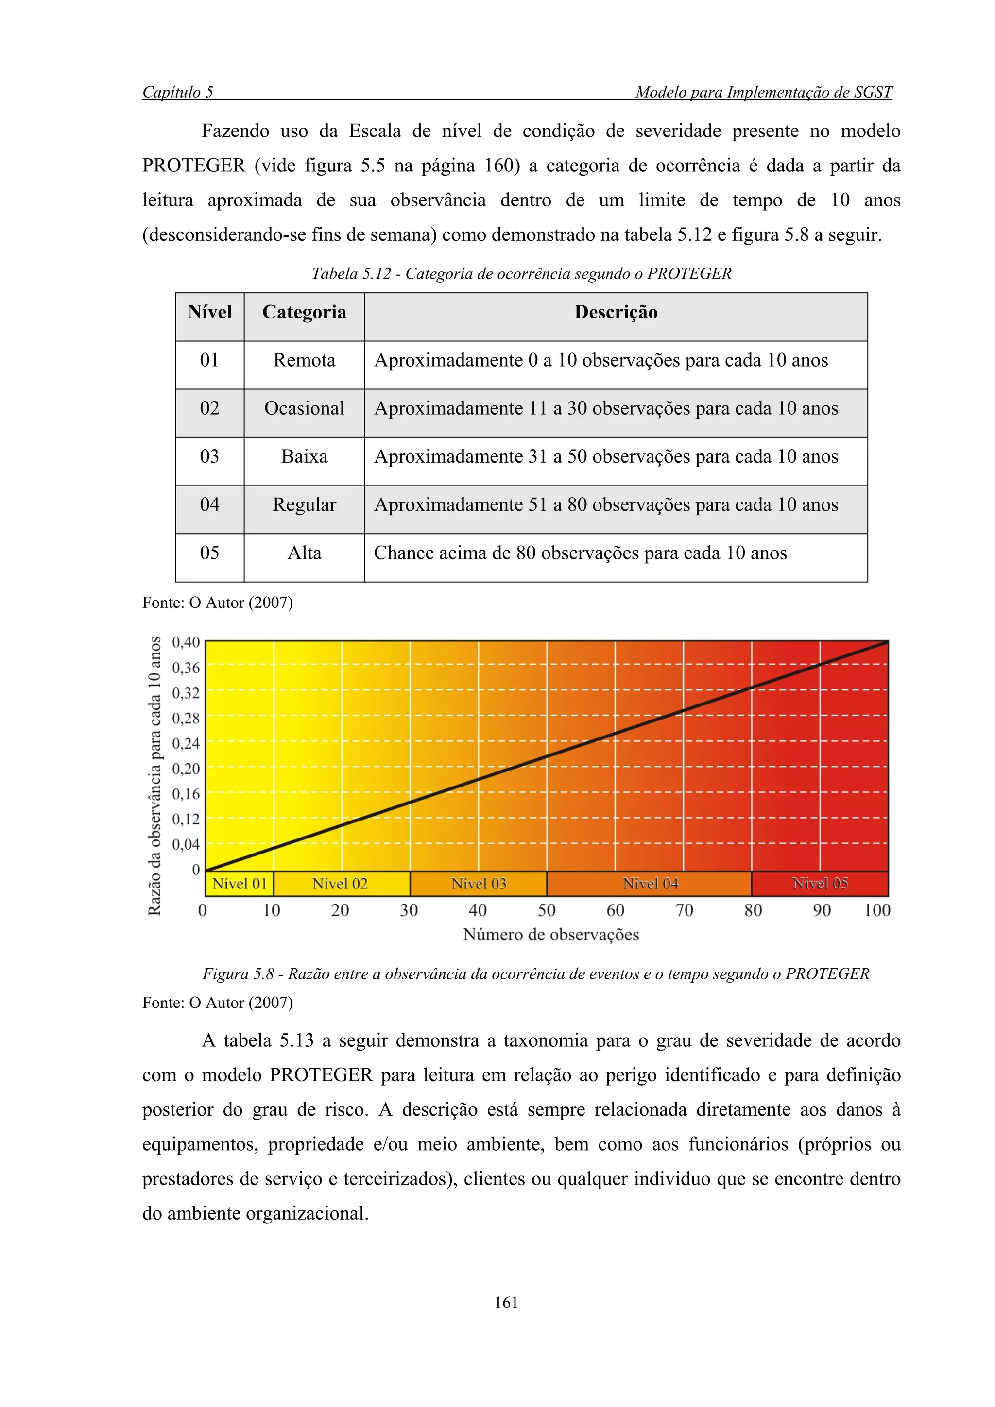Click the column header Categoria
click(x=304, y=313)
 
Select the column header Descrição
click(x=616, y=313)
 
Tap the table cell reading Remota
click(x=304, y=360)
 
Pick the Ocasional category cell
click(x=304, y=409)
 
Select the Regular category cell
click(x=304, y=505)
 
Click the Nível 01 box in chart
click(x=240, y=884)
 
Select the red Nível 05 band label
click(x=820, y=884)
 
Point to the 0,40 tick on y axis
click(x=186, y=642)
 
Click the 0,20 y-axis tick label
click(x=186, y=769)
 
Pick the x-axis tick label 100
click(x=876, y=911)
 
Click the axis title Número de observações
click(x=550, y=935)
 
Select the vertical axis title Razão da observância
click(x=154, y=776)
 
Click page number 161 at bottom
click(x=506, y=1303)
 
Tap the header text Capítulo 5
click(x=178, y=93)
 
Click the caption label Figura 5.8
click(x=238, y=974)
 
